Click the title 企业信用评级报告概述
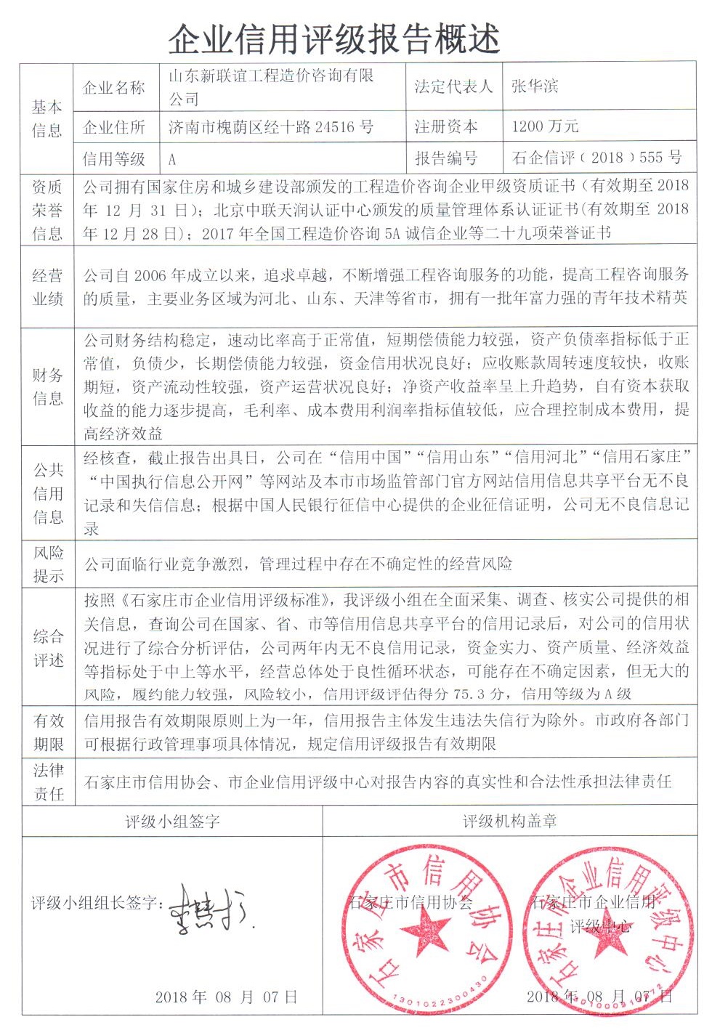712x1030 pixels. (x=334, y=38)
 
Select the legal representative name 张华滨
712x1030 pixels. (x=535, y=86)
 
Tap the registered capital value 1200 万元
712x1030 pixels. (x=545, y=126)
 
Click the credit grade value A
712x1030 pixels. (x=172, y=159)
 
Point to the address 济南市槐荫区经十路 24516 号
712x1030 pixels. (x=270, y=128)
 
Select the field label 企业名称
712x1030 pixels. (x=114, y=88)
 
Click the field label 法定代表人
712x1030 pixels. (x=453, y=86)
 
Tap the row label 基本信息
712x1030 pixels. (x=47, y=119)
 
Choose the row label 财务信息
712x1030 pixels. (x=48, y=386)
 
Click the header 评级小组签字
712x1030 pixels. (x=172, y=822)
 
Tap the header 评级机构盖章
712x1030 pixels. (x=510, y=822)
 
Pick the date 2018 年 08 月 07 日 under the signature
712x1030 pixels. (x=226, y=997)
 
